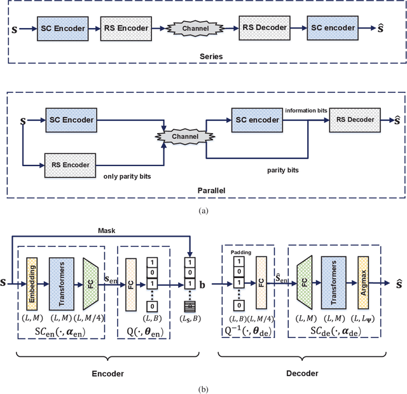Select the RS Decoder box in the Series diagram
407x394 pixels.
[264, 27]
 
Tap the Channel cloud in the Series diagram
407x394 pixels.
[194, 28]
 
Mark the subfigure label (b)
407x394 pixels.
[203, 388]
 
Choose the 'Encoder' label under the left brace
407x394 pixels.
[106, 373]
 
